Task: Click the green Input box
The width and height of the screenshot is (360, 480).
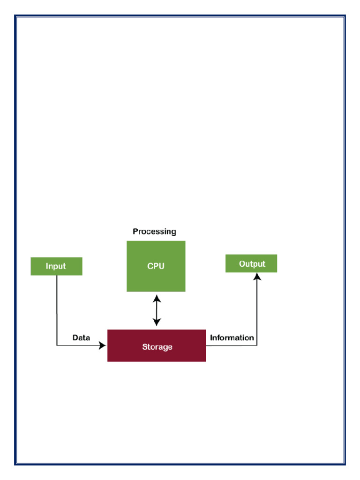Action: [56, 266]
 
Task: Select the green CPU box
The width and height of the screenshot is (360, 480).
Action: [156, 266]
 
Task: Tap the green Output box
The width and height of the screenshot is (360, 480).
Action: [251, 263]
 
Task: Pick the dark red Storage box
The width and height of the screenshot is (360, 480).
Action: [157, 346]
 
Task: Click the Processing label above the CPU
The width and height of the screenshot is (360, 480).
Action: [154, 232]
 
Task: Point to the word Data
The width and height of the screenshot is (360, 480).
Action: [81, 337]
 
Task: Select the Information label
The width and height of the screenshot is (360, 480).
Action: [232, 337]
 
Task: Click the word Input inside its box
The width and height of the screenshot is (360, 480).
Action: [56, 266]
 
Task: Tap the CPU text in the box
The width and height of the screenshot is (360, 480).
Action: [156, 266]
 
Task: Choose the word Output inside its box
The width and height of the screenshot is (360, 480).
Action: [252, 264]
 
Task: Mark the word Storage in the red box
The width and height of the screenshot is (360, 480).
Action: [157, 347]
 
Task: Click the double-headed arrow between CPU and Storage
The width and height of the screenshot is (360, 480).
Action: [157, 310]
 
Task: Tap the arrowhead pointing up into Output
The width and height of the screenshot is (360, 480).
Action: [257, 277]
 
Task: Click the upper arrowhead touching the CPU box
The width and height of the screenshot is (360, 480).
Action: [157, 297]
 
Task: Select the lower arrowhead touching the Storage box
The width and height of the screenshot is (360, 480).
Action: [157, 322]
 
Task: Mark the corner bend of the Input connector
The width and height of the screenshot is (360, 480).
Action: [57, 346]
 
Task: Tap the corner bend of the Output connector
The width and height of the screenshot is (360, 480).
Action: [257, 346]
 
